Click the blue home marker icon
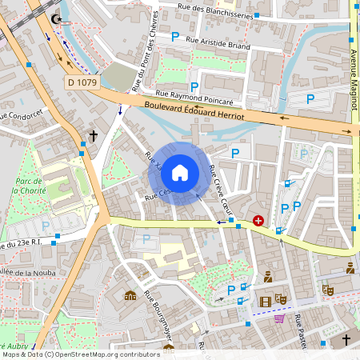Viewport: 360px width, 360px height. click(x=180, y=173)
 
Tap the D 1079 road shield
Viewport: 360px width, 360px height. click(x=82, y=82)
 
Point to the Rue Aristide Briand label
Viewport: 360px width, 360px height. click(x=217, y=43)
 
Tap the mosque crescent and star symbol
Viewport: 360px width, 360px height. click(x=55, y=18)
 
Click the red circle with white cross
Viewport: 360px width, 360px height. click(x=258, y=220)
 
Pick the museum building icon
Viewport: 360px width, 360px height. click(x=130, y=295)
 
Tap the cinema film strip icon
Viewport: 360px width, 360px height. click(x=265, y=301)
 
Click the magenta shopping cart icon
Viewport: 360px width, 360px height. click(x=279, y=318)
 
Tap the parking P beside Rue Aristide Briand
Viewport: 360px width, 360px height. click(x=175, y=36)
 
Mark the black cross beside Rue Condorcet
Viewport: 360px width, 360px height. click(x=93, y=137)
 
